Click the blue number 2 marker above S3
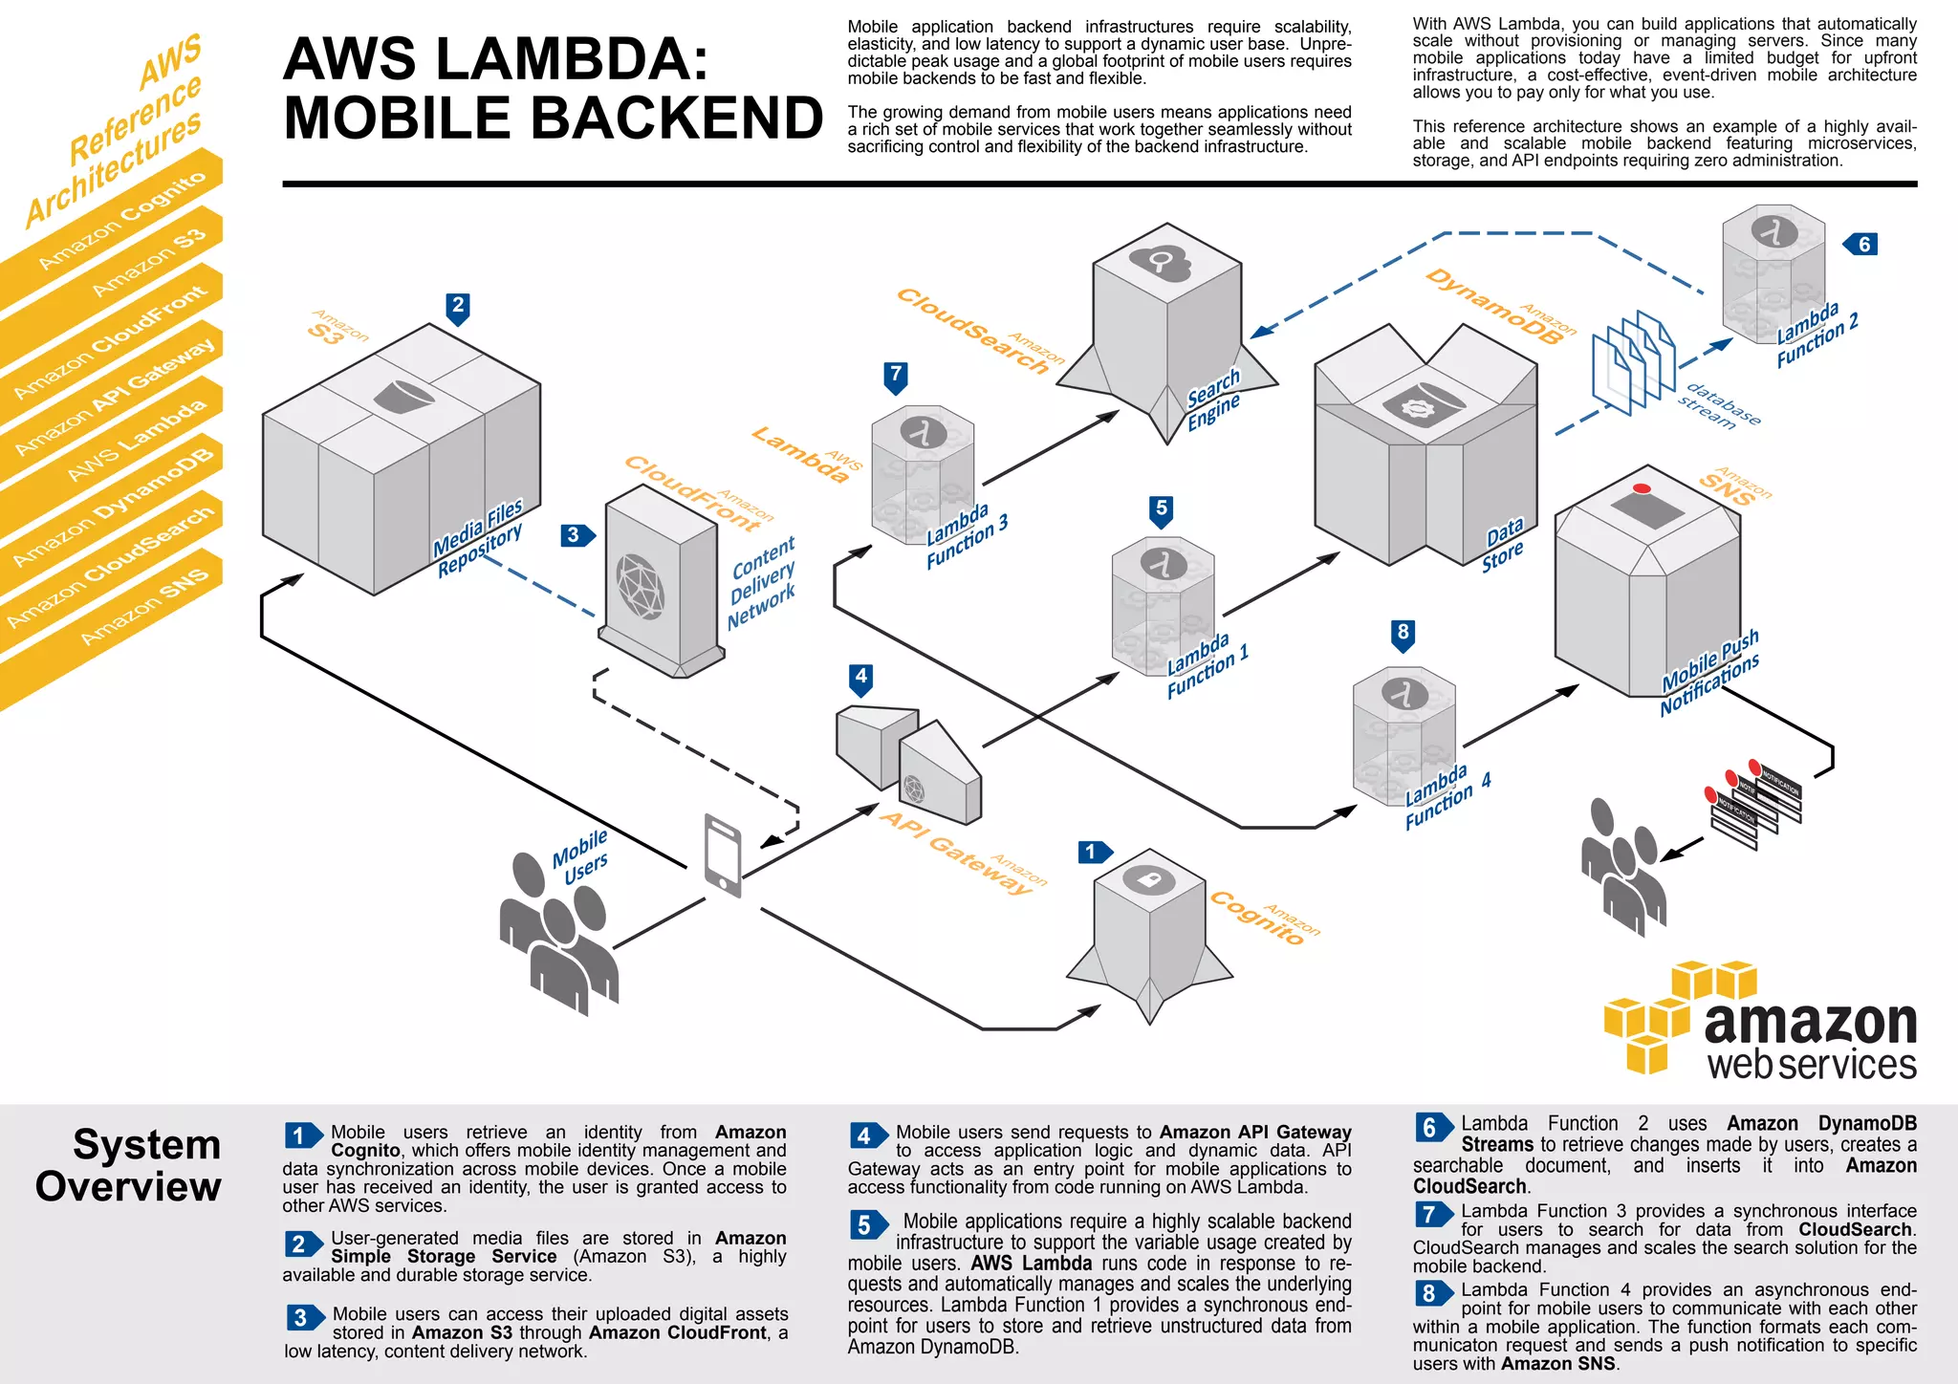tap(458, 306)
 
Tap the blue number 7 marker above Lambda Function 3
tap(896, 375)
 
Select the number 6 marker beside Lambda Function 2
tap(1862, 245)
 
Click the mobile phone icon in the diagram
tap(723, 854)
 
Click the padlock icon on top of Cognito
tap(1148, 879)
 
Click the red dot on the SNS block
tap(1642, 488)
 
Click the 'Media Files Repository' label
tap(479, 538)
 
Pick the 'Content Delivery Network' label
tap(762, 582)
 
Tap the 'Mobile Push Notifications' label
tap(1709, 672)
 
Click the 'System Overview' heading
tap(130, 1165)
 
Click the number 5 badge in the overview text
tap(864, 1224)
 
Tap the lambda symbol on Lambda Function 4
tap(1403, 693)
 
